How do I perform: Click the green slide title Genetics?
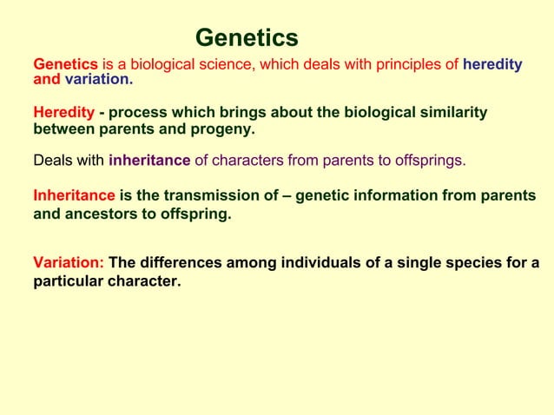click(247, 38)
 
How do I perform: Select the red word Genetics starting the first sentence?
click(65, 64)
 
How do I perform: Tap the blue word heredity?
click(492, 64)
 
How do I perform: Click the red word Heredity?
click(63, 113)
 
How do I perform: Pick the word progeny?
click(225, 129)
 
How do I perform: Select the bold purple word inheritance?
click(149, 161)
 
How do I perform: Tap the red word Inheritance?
click(74, 196)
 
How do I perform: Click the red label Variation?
click(69, 263)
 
